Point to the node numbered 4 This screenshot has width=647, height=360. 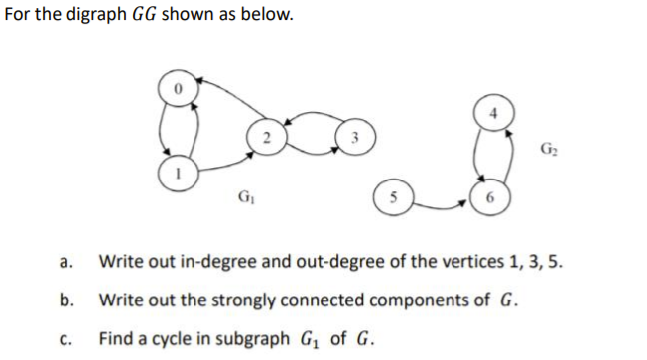pos(493,111)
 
